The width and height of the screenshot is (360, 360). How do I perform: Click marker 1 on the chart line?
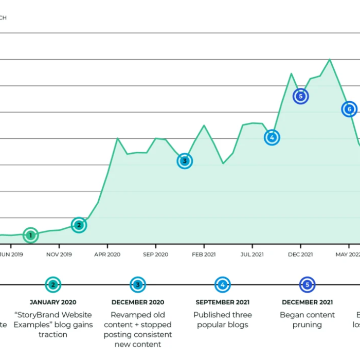[30, 236]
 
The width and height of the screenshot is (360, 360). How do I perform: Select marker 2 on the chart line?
[79, 225]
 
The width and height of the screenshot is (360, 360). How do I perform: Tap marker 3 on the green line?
[185, 161]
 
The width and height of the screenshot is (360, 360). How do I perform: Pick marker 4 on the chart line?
[272, 137]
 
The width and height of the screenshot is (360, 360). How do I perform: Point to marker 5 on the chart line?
[301, 96]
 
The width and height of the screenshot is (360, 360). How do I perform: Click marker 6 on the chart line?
[349, 109]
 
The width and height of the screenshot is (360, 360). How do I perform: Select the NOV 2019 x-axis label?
[59, 254]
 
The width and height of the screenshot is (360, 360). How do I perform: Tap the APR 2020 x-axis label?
[107, 254]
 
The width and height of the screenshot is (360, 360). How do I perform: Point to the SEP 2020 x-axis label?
[155, 254]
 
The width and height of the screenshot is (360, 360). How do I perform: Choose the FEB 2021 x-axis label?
[204, 254]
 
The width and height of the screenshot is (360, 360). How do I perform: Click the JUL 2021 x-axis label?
[252, 254]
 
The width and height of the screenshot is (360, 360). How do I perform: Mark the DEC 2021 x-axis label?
[300, 254]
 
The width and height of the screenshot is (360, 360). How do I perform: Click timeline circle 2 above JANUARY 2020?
[52, 284]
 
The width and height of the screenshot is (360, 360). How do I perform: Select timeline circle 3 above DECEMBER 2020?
[137, 284]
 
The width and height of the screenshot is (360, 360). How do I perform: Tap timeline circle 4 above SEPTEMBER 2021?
[222, 284]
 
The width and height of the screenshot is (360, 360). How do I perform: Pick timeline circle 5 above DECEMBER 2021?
[307, 284]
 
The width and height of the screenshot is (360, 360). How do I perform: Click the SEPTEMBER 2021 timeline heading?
[222, 302]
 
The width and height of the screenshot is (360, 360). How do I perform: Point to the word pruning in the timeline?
[307, 325]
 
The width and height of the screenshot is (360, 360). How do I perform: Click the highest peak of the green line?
[330, 59]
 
